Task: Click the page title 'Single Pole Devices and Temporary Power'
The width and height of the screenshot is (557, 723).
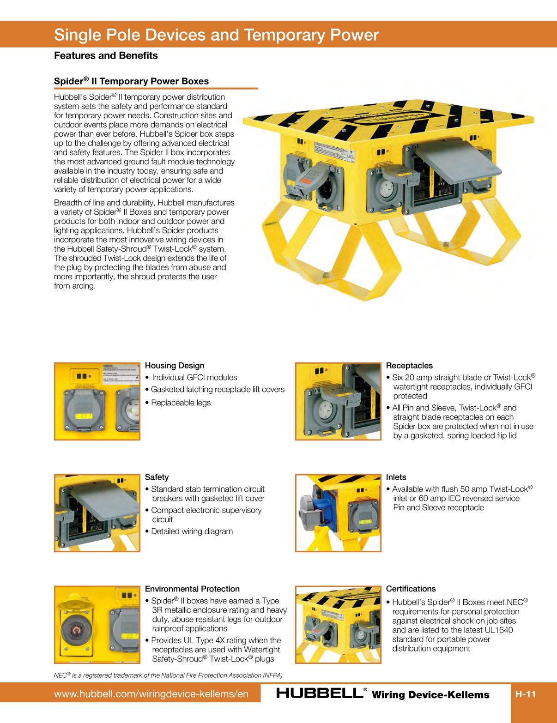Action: [x=216, y=35]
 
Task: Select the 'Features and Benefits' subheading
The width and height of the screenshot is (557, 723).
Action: [x=106, y=56]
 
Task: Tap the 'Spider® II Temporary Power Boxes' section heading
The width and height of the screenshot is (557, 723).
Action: [x=131, y=81]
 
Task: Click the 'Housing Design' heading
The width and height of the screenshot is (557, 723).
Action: [x=175, y=366]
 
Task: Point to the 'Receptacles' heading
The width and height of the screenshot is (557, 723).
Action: [x=409, y=366]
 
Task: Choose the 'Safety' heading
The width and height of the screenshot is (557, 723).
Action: [x=157, y=477]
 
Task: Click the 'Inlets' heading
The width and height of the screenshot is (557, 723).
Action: [x=396, y=477]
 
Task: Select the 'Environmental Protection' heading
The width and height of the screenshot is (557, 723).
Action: [x=192, y=589]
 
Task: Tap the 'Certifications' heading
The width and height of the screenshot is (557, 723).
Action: [x=411, y=589]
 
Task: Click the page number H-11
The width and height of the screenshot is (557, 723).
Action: [x=526, y=694]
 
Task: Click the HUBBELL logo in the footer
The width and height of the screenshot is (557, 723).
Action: [x=320, y=693]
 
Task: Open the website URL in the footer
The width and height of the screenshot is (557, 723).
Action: [x=151, y=694]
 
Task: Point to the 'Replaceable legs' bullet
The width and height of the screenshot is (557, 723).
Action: [x=181, y=403]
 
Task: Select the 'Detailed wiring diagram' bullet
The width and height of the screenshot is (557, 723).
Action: [x=192, y=531]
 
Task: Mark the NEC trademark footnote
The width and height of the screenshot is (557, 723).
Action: [x=169, y=675]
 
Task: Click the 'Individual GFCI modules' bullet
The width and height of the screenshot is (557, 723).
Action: [x=194, y=378]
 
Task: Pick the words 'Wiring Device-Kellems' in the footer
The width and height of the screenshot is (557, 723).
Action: [x=430, y=695]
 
